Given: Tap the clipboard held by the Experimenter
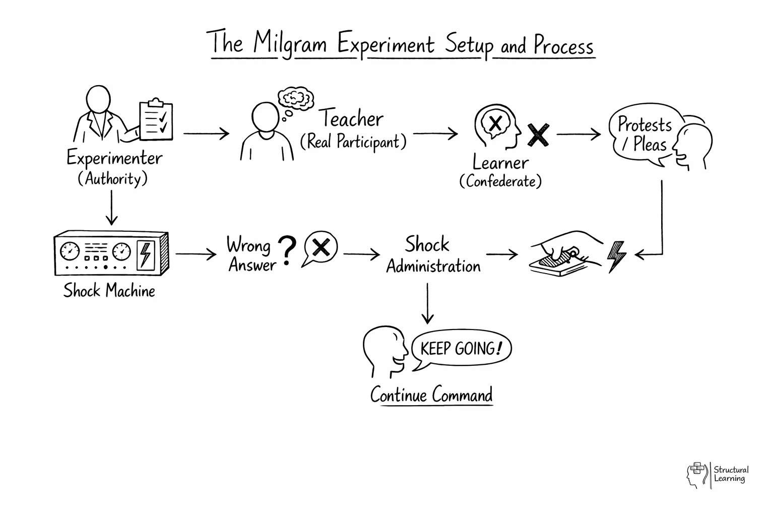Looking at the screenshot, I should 156,120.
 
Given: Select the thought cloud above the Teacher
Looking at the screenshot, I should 296,98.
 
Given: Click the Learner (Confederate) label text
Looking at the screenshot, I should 500,171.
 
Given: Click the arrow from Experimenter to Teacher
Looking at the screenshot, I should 206,134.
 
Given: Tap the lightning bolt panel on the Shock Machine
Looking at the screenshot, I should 145,254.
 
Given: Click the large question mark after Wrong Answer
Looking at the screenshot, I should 287,250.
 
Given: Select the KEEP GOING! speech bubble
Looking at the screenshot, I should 461,349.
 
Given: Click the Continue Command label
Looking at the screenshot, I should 431,395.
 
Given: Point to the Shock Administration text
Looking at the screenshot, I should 433,255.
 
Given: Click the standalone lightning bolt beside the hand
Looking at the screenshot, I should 617,256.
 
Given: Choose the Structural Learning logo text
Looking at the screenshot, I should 731,474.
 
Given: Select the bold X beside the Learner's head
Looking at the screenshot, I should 538,135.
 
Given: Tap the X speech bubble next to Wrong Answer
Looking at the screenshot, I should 320,248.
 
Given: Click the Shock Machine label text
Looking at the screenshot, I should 109,291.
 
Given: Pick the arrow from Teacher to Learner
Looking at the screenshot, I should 435,134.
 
